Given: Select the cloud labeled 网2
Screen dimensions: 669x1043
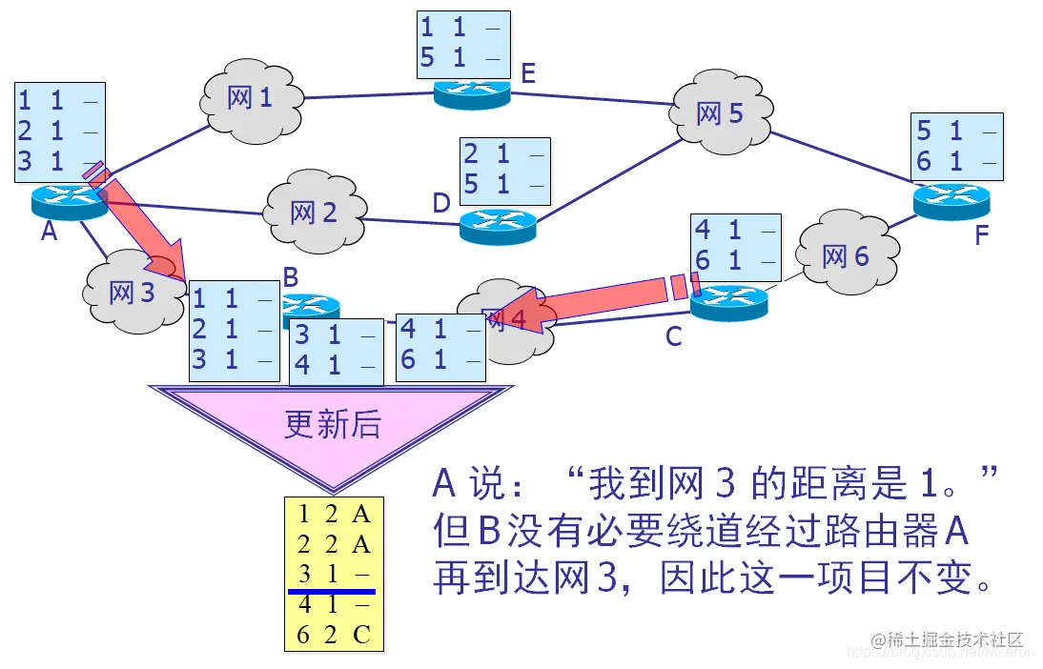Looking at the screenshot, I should (314, 212).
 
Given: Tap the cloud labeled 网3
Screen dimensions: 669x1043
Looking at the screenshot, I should (133, 292).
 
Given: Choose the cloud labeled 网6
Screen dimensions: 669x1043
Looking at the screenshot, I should (846, 255).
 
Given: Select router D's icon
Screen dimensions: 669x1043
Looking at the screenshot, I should (498, 225).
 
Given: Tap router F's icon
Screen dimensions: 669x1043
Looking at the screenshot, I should (951, 199).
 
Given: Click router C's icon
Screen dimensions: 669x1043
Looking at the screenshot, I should (728, 303).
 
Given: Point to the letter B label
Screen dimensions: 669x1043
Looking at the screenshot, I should (291, 277).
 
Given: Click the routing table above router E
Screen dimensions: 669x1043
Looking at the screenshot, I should (463, 44).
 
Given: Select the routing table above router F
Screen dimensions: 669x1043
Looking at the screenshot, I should (958, 146).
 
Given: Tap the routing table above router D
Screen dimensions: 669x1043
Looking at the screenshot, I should (504, 171).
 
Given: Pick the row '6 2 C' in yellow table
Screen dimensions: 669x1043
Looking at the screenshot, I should (334, 635).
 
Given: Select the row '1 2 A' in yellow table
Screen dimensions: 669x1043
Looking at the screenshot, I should (334, 515).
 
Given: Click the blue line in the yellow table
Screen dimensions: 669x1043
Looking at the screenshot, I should (334, 592).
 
